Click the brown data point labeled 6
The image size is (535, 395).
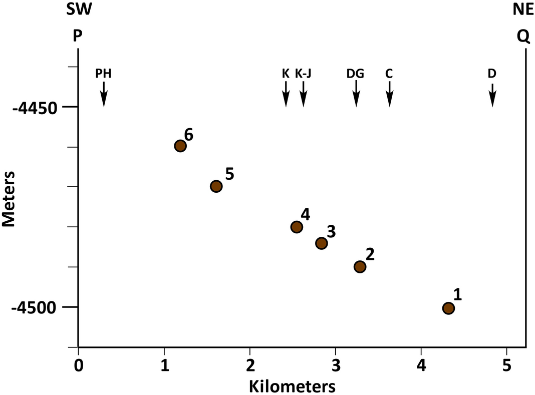(x=180, y=146)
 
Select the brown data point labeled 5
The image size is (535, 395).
(x=216, y=186)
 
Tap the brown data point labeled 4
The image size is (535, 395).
(x=297, y=227)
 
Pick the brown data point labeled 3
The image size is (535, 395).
(x=321, y=243)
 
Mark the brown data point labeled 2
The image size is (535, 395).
(x=360, y=266)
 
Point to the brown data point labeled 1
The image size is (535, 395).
(x=448, y=308)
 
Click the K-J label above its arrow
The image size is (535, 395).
(x=303, y=74)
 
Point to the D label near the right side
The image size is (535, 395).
(x=492, y=74)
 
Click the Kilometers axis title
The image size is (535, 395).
(x=293, y=385)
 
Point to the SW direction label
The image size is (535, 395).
(x=79, y=10)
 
